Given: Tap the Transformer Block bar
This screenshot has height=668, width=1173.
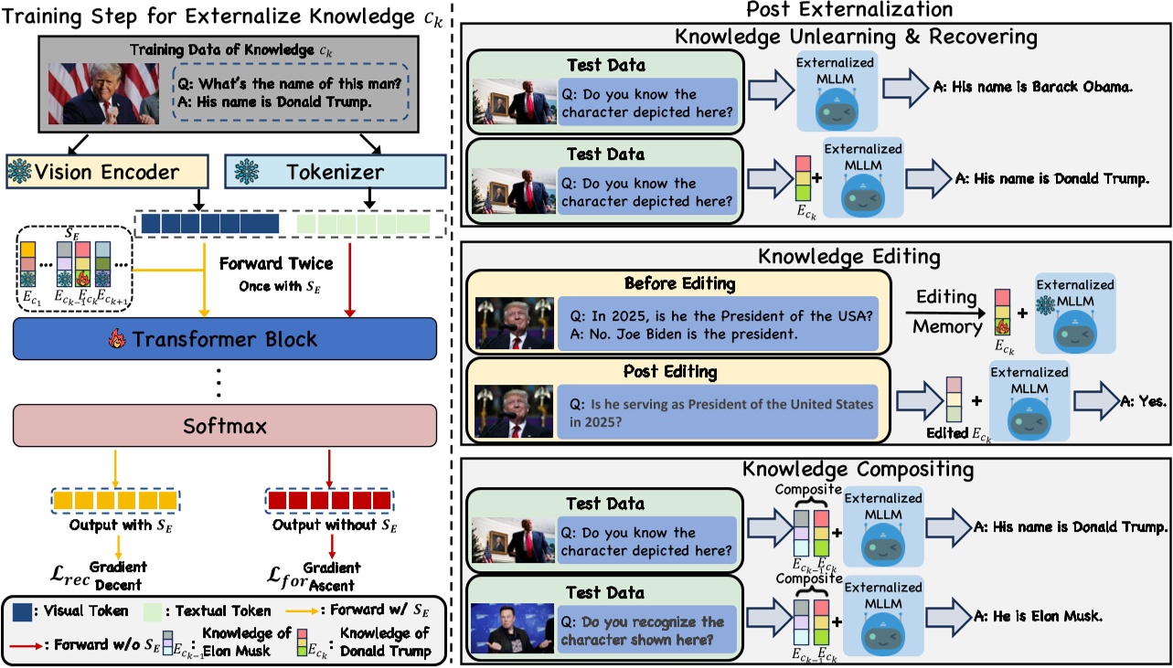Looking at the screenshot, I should (x=221, y=338).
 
